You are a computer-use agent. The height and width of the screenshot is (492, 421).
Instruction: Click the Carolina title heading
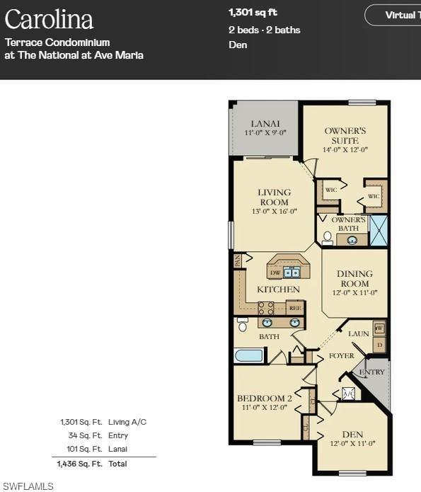pos(49,19)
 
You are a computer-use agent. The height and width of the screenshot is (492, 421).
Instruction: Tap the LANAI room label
pos(265,124)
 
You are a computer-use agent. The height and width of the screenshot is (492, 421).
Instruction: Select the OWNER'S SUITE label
pos(345,135)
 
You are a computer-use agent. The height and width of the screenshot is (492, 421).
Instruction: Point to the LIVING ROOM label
pos(274,197)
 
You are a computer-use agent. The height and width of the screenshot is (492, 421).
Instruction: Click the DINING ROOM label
pos(353,278)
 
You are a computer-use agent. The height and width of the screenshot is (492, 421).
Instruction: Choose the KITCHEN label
pos(278,289)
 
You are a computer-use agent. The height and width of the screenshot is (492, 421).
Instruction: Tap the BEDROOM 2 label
pos(265,399)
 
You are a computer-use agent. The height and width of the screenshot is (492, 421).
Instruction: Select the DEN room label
pos(352,435)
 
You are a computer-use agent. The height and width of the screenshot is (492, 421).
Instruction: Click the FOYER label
pos(341,355)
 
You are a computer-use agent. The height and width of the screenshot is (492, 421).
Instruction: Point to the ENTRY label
pos(372,372)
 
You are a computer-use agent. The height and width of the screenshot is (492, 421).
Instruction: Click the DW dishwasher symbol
pos(275,273)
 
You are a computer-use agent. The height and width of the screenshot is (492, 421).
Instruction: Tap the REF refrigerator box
pos(295,308)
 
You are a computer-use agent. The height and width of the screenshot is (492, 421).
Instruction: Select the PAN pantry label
pos(238,261)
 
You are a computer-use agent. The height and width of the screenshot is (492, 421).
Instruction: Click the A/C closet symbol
pos(349,394)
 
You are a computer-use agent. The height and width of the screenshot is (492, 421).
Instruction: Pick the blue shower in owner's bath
pos(379,231)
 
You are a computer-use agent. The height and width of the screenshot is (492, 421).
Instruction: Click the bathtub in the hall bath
pos(250,355)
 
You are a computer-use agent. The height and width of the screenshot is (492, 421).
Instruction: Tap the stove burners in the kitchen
pos(266,308)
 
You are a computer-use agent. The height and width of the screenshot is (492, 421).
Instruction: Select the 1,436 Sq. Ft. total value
pos(79,464)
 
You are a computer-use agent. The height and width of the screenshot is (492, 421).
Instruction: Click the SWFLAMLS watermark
pos(28,486)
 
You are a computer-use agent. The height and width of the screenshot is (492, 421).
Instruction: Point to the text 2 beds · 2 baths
pos(264,30)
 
